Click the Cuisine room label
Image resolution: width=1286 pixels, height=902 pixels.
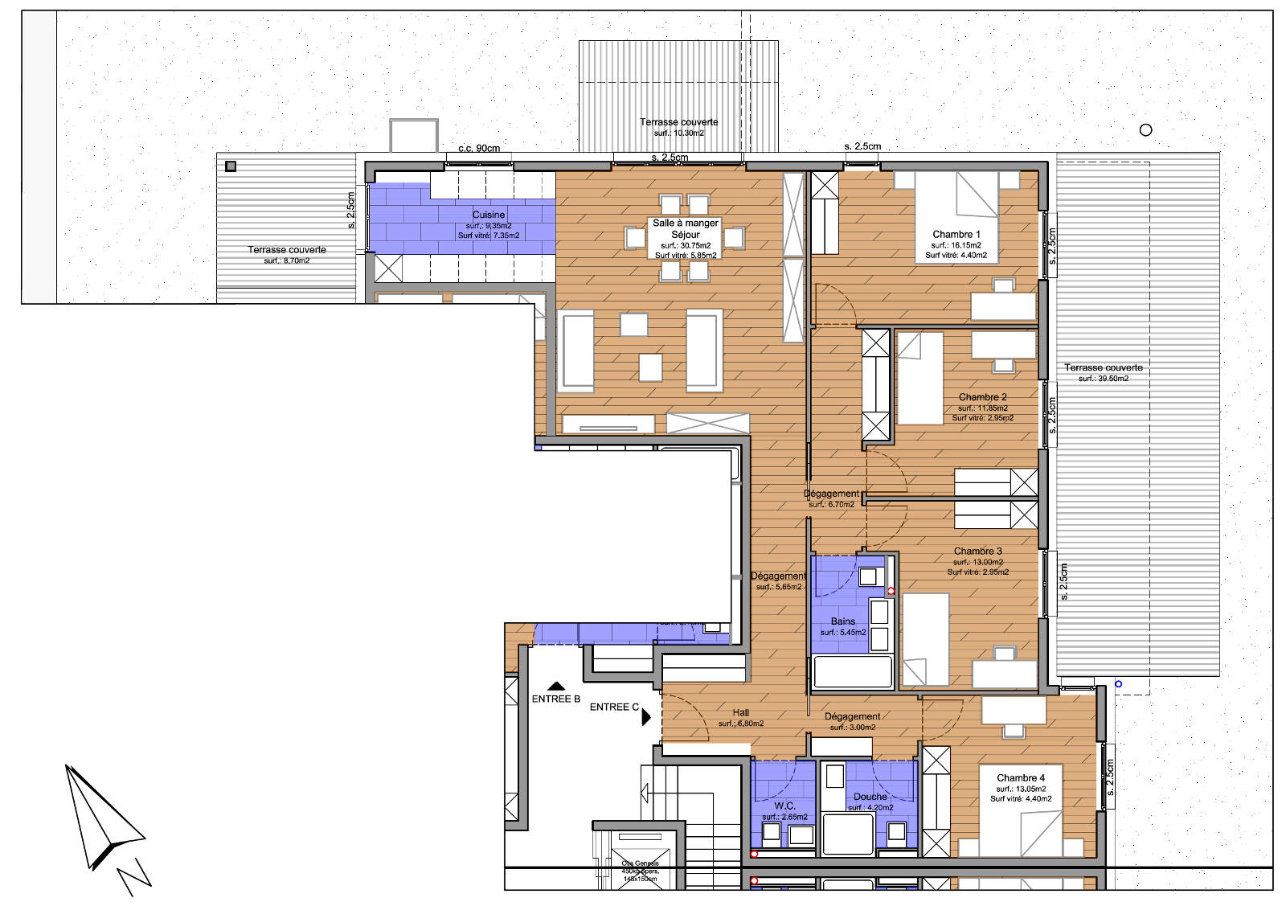pos(489,215)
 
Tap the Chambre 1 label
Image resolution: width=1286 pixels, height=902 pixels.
pos(956,235)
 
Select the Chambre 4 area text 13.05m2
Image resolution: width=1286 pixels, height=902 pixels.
pos(1020,789)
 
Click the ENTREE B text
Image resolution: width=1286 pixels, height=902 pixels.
pos(555,699)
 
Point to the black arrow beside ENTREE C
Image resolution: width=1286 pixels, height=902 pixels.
pos(646,716)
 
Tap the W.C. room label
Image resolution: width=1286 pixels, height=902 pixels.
pos(784,806)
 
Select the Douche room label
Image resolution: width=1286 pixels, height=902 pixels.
pos(870,797)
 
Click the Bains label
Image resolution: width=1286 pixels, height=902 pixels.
pos(842,621)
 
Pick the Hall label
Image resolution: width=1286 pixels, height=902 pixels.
pos(740,712)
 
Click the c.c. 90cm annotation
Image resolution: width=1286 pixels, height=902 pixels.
pos(479,148)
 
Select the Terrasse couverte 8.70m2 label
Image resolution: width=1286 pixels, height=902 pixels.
pos(287,250)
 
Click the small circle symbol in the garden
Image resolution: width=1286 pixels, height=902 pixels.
pos(1145,129)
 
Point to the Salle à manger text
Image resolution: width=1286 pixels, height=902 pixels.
pos(685,223)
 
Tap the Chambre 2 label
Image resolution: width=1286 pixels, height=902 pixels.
pos(982,397)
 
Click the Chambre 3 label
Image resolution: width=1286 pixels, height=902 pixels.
pos(977,551)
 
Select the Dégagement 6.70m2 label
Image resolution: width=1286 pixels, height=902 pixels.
pos(831,494)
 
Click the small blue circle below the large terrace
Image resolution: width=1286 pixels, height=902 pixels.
pos(1118,684)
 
